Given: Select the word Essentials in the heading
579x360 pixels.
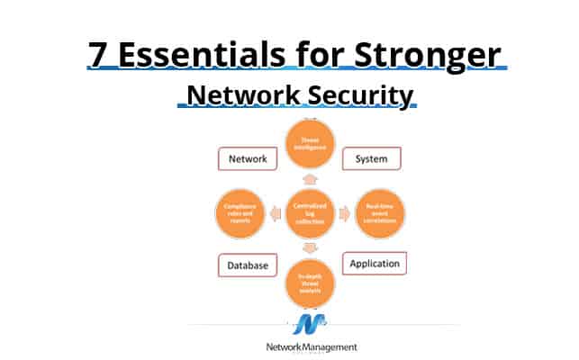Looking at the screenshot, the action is (213, 53).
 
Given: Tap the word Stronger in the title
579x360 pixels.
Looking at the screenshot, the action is (428, 53).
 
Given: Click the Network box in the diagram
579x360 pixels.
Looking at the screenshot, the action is (246, 159).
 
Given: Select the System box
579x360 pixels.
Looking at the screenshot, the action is (371, 158).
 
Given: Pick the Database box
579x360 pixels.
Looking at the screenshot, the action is (248, 266).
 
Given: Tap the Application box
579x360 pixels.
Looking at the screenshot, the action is (375, 263).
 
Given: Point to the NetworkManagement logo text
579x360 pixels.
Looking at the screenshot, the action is (312, 347).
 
